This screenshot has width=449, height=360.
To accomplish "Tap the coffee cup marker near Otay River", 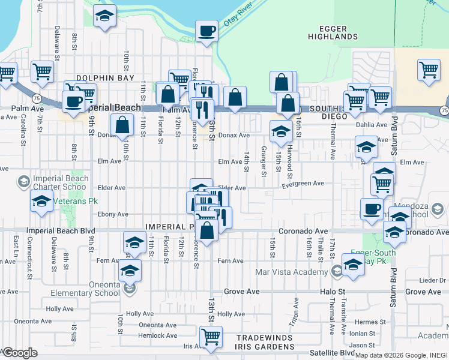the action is click(207, 31).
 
